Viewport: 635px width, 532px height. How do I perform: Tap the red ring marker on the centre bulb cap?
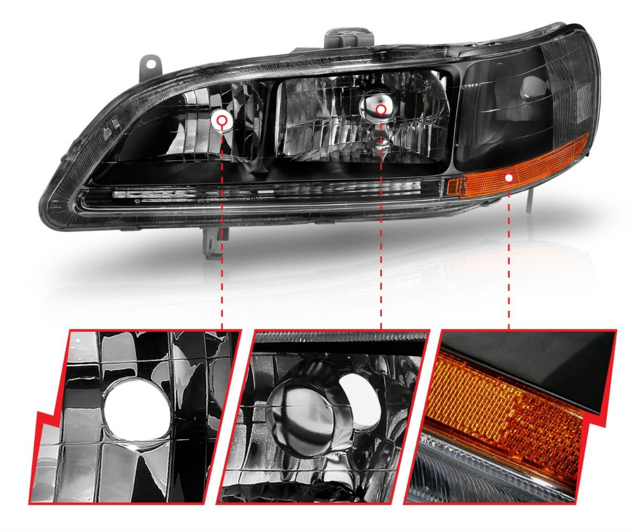381,109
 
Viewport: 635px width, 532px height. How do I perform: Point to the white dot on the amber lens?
509,178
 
